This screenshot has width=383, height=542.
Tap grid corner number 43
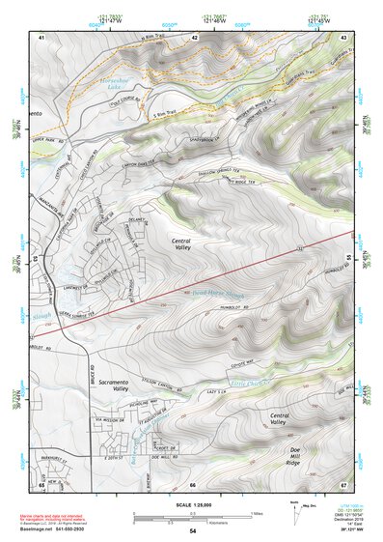343,36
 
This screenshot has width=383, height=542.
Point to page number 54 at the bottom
193,531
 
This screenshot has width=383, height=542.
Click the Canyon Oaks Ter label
154,162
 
